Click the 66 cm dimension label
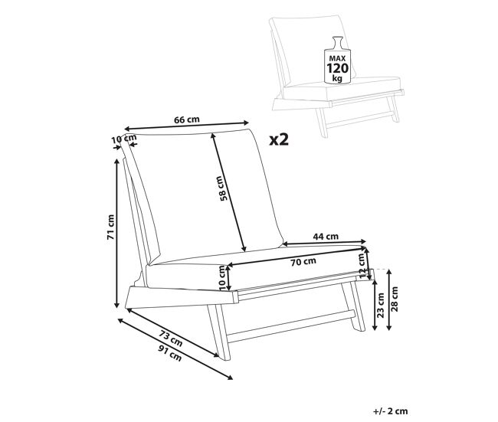coord(187,119)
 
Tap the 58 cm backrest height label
coord(224,188)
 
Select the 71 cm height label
coord(110,227)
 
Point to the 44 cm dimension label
coord(326,236)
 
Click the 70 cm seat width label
coord(303,262)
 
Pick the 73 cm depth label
coord(171,339)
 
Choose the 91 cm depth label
coord(170,353)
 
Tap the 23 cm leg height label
coord(381,305)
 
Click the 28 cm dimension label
coord(395,299)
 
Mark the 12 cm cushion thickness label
coord(362,266)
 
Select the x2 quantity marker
coord(279,139)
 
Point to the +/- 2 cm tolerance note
coord(391,411)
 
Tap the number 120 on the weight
coord(338,68)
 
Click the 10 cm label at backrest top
coord(123,139)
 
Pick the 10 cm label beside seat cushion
coord(223,278)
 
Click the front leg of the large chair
coord(218,332)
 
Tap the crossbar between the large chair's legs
coord(291,326)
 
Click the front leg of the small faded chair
coord(322,123)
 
